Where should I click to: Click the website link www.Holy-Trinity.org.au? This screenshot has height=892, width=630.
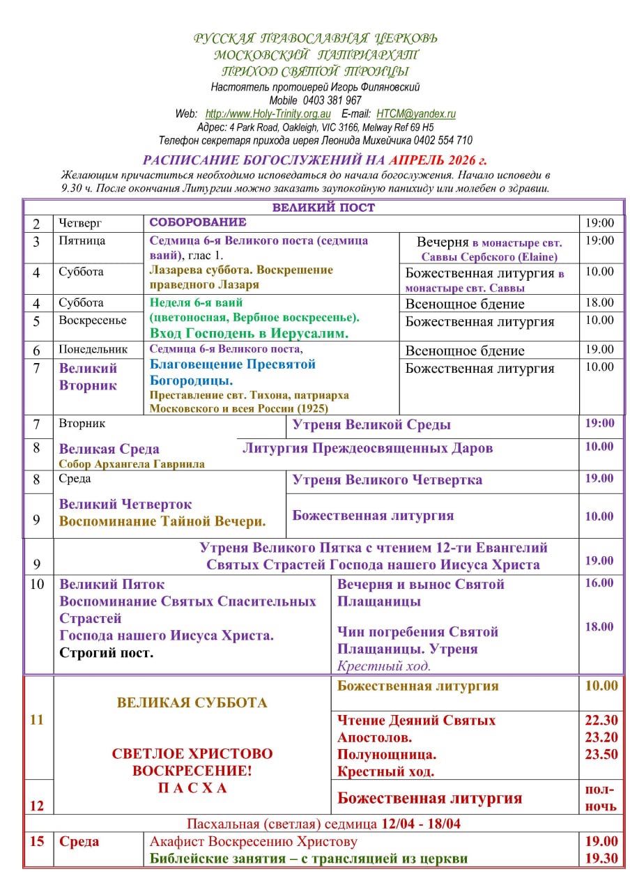[x=269, y=114]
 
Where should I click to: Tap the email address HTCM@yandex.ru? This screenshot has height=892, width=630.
[x=416, y=114]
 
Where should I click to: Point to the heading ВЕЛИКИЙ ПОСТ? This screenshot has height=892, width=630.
[x=323, y=207]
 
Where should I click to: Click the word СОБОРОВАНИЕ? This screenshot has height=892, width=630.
[x=198, y=222]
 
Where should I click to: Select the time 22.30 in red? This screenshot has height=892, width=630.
[x=600, y=721]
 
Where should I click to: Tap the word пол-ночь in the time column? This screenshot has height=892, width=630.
[x=600, y=798]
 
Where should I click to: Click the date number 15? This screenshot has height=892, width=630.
[x=38, y=841]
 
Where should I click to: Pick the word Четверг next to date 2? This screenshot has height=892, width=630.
[x=81, y=223]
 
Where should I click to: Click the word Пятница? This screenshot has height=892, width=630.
[x=82, y=241]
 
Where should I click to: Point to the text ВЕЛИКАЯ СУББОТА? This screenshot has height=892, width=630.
[x=192, y=702]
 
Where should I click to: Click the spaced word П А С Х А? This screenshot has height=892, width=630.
[x=192, y=787]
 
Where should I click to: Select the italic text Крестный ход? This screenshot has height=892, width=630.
[x=384, y=666]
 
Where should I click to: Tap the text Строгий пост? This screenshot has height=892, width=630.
[x=106, y=653]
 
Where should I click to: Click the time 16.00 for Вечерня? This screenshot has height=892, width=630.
[x=599, y=583]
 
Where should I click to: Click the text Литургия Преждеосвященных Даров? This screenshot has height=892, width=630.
[x=367, y=448]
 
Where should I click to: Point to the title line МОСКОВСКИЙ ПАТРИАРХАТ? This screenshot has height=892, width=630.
[x=316, y=54]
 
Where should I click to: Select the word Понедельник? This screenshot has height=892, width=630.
[x=93, y=349]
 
